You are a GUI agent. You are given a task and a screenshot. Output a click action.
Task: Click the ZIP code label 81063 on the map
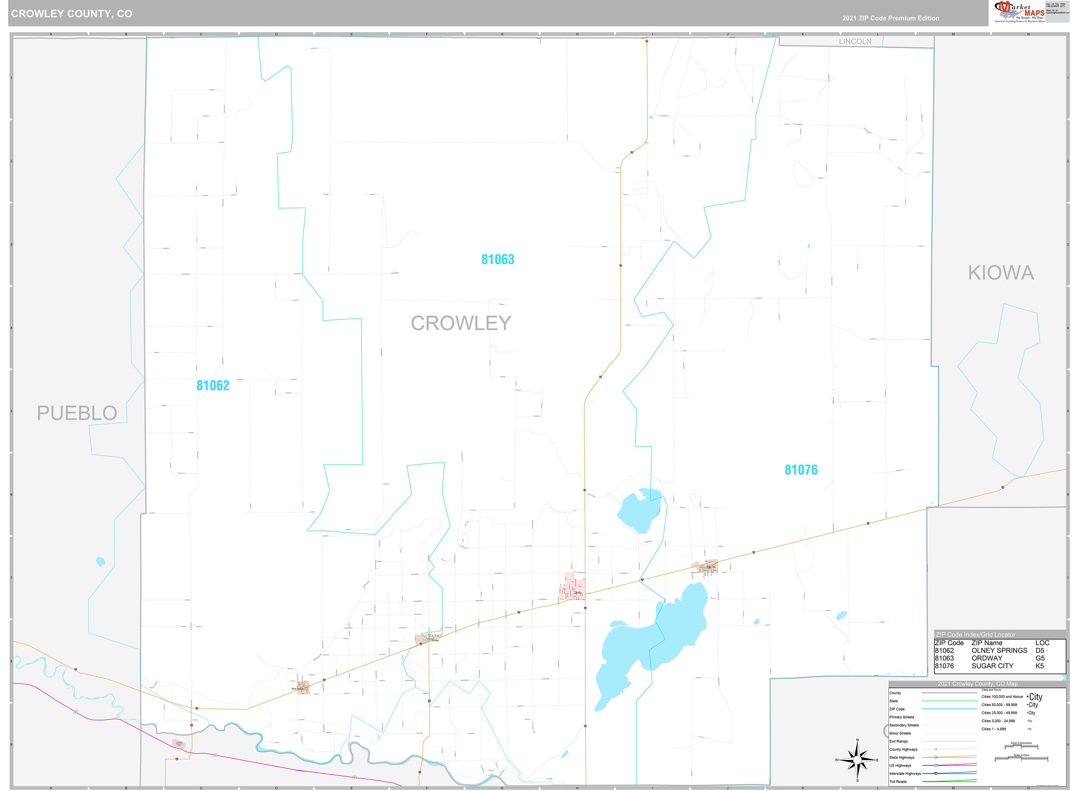pyautogui.click(x=497, y=260)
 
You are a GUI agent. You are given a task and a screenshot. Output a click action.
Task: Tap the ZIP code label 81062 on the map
pyautogui.click(x=213, y=385)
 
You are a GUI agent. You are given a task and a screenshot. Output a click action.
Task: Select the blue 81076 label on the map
pyautogui.click(x=801, y=470)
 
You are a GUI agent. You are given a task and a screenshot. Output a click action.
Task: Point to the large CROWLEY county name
pyautogui.click(x=461, y=323)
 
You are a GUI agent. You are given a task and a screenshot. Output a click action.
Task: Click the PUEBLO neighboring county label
pyautogui.click(x=77, y=413)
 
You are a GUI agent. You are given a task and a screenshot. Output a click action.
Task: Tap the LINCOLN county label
pyautogui.click(x=855, y=42)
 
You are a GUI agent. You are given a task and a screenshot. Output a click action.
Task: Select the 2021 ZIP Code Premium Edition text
pyautogui.click(x=891, y=18)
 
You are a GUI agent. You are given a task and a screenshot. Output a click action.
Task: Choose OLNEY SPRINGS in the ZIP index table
pyautogui.click(x=999, y=650)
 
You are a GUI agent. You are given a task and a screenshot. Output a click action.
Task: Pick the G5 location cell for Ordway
pyautogui.click(x=1040, y=658)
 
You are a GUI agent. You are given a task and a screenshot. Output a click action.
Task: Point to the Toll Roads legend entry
pyautogui.click(x=898, y=782)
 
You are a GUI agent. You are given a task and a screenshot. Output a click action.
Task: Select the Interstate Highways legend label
pyautogui.click(x=905, y=773)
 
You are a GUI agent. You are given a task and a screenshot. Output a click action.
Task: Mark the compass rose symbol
pyautogui.click(x=857, y=760)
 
